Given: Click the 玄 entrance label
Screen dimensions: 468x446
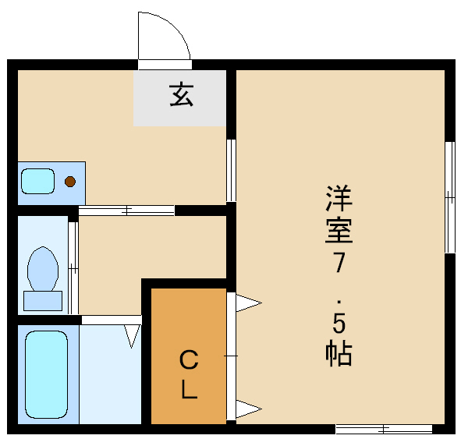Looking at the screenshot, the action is coord(182,95).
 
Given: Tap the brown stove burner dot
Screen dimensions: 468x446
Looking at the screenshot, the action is coord(70,182).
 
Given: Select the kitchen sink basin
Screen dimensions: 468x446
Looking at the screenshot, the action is coord(38,182).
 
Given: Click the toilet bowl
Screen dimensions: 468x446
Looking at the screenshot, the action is coord(43,269).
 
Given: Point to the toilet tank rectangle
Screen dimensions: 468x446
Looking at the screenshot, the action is coord(43,301).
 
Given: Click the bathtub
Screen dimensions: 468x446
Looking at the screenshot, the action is coord(46,374).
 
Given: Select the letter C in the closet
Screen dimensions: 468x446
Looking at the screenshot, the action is coord(189,360).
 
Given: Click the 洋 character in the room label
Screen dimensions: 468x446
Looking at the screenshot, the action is coord(339,199).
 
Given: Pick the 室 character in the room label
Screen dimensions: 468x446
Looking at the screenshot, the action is coord(339,230).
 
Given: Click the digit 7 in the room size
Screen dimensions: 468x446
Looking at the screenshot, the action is coord(339,262).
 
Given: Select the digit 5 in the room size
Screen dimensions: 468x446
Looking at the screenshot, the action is coord(339,324).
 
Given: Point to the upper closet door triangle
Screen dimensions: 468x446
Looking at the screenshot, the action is coord(248,303).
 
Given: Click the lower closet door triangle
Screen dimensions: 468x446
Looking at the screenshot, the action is coord(248,409).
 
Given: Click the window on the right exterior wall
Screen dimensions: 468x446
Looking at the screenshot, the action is coord(450,197).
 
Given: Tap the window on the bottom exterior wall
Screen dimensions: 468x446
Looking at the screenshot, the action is coord(384,430).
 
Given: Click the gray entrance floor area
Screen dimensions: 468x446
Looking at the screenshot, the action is coord(179,98).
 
